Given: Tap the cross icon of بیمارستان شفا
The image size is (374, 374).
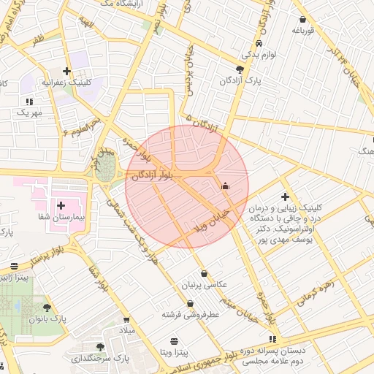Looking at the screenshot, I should [61, 206].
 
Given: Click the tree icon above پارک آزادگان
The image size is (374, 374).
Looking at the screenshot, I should [240, 69].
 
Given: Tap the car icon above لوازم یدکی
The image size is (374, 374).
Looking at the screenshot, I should [249, 43].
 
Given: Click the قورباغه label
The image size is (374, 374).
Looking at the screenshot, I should [302, 31].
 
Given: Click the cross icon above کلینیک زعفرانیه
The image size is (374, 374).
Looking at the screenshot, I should [66, 72].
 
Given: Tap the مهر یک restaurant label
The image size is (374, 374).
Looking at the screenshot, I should [30, 112].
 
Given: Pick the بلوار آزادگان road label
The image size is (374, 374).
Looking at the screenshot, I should [154, 176].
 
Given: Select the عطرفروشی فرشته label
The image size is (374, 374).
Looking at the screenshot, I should [191, 315].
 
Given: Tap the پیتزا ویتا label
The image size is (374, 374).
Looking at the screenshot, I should [174, 352].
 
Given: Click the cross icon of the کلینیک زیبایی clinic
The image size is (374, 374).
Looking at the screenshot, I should [285, 196].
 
